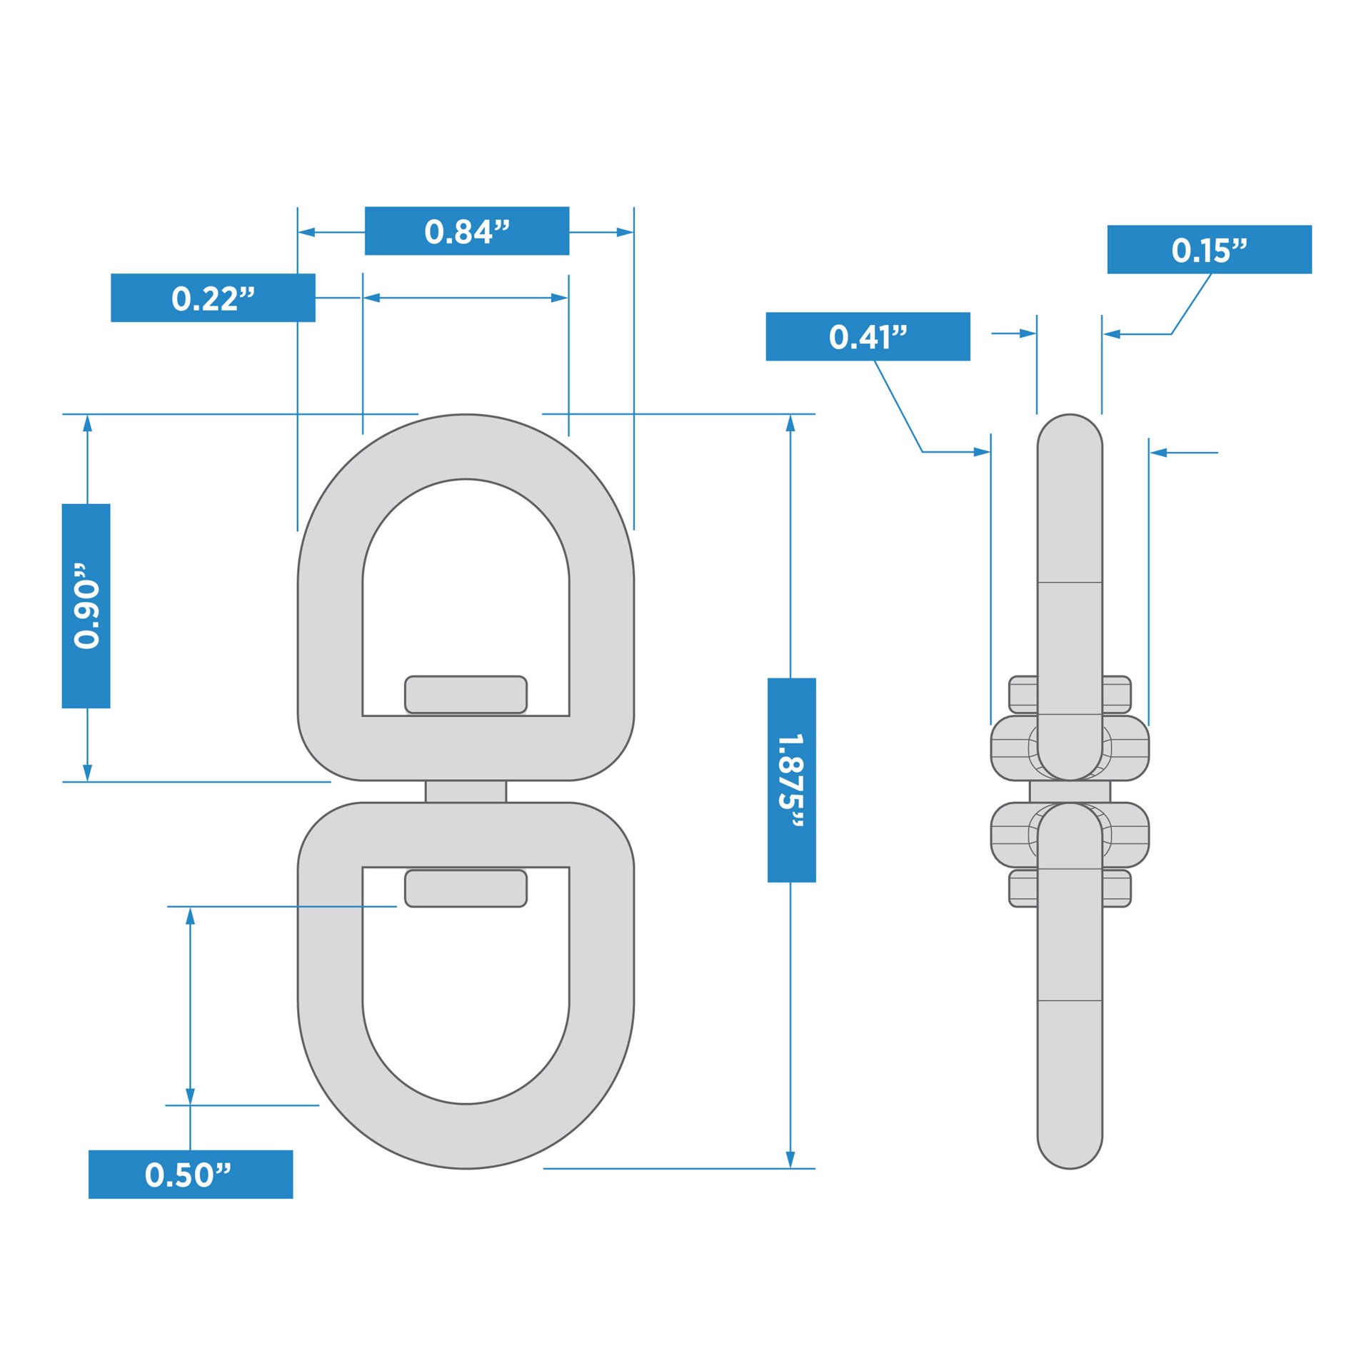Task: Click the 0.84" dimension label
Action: pos(466,231)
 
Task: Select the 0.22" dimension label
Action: pos(213,297)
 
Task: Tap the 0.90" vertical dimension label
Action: pos(86,606)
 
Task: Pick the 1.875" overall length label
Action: pos(791,780)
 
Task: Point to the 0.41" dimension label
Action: pos(868,336)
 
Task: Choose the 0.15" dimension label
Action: pos(1209,249)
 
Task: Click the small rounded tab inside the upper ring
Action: pos(466,694)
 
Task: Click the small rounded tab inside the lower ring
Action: pos(466,888)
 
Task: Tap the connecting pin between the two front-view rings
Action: pos(466,791)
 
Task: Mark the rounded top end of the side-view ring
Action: pos(1070,432)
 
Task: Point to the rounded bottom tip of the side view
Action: pos(1070,1150)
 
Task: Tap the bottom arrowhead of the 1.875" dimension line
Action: pos(790,1160)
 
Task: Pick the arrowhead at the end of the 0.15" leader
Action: pos(1111,333)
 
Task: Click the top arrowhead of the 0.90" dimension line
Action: pos(87,423)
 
